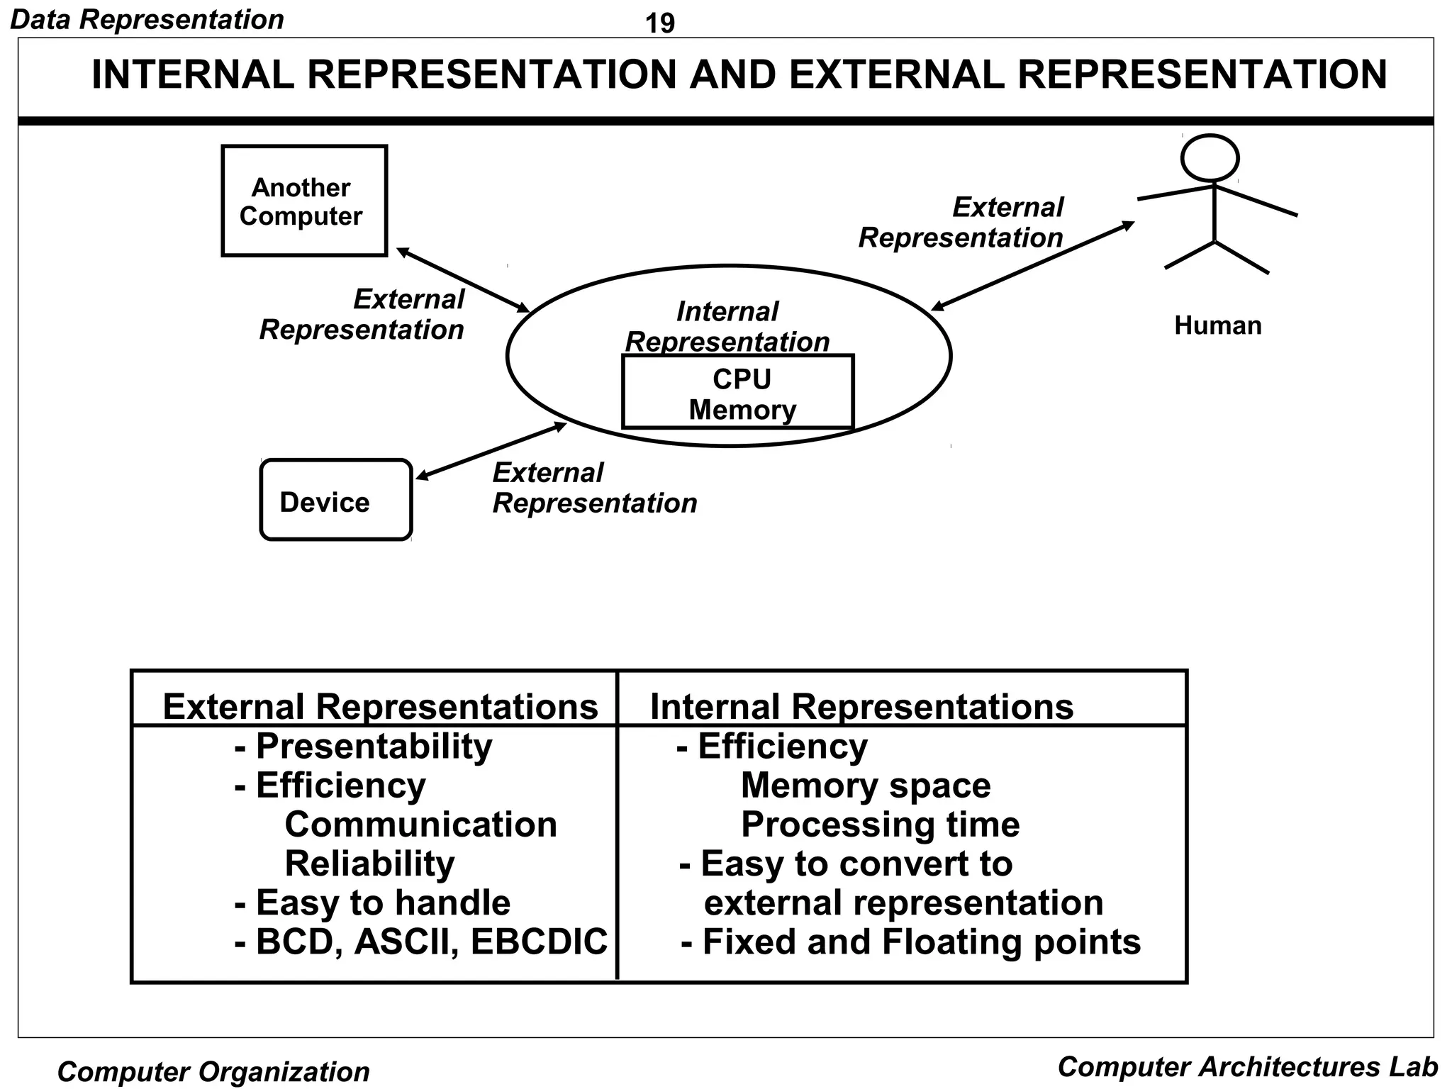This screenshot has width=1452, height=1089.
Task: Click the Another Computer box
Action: (303, 201)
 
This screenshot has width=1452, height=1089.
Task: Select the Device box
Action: (335, 501)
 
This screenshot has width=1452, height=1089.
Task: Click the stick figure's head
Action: (1210, 157)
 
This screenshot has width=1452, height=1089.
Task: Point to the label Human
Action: (1217, 325)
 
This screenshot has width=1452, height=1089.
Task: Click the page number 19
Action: (659, 23)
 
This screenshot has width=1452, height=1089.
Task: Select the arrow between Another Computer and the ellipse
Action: (463, 280)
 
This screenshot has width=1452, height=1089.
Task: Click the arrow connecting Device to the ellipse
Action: (491, 451)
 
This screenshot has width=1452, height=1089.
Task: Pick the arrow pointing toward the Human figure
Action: (1032, 266)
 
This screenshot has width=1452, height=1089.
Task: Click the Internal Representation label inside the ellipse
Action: (727, 326)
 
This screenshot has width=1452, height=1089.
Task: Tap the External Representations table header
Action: (380, 706)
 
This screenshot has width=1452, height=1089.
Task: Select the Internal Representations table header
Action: (861, 706)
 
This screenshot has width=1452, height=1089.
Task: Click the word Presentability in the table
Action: (374, 746)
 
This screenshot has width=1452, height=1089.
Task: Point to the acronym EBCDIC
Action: (539, 942)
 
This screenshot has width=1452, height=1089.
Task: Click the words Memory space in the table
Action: (865, 786)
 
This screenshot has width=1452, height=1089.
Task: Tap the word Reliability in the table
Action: (369, 864)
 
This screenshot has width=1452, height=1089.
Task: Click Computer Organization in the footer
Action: (213, 1071)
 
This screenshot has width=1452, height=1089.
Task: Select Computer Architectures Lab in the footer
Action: (1247, 1066)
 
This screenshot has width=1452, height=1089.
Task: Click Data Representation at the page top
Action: (147, 19)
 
